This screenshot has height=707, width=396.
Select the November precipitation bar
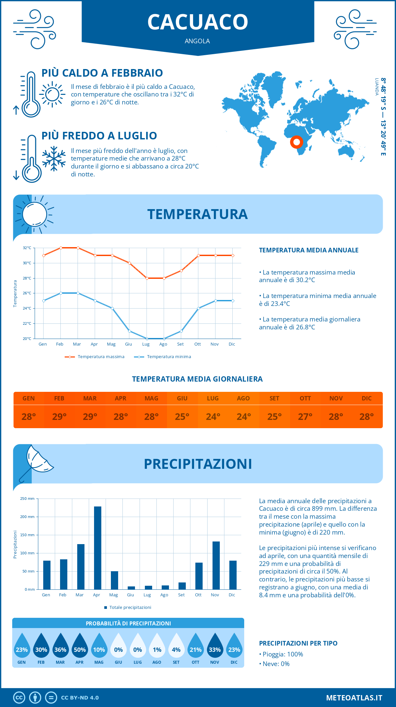coord(216,565)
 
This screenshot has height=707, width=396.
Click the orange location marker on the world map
coord(297,142)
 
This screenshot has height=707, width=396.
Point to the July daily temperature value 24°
coord(213,417)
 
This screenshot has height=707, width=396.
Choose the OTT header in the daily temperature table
coord(305,398)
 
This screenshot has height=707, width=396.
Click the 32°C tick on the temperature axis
coord(27,248)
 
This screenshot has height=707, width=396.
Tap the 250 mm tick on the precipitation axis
coord(27,499)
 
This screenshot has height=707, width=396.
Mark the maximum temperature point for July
coord(147,278)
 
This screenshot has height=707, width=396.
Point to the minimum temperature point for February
coord(61,293)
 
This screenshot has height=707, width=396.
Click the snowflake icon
coord(54,159)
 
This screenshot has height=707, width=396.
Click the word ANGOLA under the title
coord(197,41)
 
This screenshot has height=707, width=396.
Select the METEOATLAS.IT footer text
coord(354,698)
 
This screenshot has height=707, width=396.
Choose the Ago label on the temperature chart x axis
coord(163,344)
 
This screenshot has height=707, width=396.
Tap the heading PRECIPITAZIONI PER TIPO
coord(298,643)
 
